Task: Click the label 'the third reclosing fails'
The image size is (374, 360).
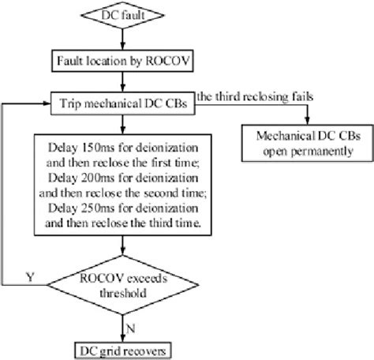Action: (267, 96)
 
